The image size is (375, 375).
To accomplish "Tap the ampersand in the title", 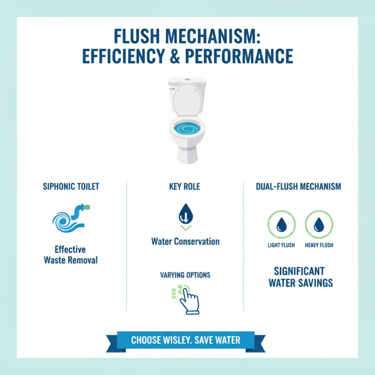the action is coord(175,56).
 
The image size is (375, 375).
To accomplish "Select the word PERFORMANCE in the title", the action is coord(239,56).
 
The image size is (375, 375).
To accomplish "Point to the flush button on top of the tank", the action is coord(187,79).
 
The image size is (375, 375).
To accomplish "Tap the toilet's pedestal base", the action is coord(187,155).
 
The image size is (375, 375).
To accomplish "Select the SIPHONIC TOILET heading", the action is coord(71,187).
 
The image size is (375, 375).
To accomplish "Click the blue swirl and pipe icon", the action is coord(71,218).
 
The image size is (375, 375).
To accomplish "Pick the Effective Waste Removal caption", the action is coord(71,255).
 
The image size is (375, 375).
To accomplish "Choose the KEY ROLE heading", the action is coord(185,187).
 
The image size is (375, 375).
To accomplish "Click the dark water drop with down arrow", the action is coord(186,214).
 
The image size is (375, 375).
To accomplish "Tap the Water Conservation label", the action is coord(185,241).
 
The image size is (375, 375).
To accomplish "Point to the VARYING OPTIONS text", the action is coord(185,275).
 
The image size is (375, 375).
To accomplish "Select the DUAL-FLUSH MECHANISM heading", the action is coord(299,187).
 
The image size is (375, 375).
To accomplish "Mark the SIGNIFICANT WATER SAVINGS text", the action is coord(300,277).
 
